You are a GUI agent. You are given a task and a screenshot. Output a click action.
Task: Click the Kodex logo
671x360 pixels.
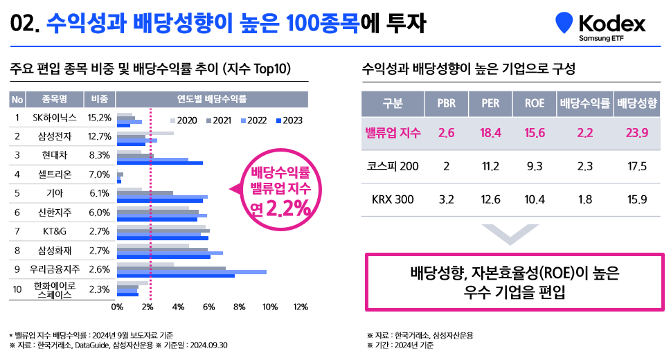600,26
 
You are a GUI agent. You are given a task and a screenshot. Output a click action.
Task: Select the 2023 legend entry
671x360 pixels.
289,120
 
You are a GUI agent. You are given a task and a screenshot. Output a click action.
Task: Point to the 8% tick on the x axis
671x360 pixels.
240,307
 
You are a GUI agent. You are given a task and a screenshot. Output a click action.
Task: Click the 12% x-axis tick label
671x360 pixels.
301,307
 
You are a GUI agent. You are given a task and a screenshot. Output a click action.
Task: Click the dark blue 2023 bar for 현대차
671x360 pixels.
160,163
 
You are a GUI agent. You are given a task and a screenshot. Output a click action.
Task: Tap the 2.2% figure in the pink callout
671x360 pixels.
286,208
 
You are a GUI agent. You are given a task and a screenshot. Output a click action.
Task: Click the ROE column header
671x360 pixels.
534,104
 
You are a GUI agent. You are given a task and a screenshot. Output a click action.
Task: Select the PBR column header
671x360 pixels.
446,104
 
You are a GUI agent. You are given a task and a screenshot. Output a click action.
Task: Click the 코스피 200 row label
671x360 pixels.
392,167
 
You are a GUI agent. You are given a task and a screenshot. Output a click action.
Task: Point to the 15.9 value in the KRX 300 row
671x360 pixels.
635,200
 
